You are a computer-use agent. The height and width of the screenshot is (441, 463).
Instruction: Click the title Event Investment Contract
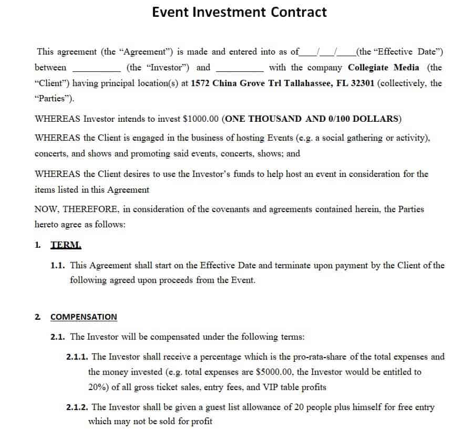[x=239, y=12]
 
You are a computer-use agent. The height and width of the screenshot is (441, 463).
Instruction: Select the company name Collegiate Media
[x=384, y=67]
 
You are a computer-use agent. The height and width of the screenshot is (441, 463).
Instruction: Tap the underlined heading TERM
[x=66, y=245]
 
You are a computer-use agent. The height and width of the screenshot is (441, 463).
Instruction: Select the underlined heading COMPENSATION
[x=84, y=317]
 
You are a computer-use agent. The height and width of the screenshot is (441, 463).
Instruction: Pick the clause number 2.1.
[x=58, y=337]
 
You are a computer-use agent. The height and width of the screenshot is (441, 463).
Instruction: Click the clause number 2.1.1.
[x=77, y=357]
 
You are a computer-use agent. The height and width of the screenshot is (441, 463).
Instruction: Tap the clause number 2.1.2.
[x=77, y=407]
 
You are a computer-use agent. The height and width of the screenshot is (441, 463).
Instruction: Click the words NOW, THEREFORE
[x=76, y=209]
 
